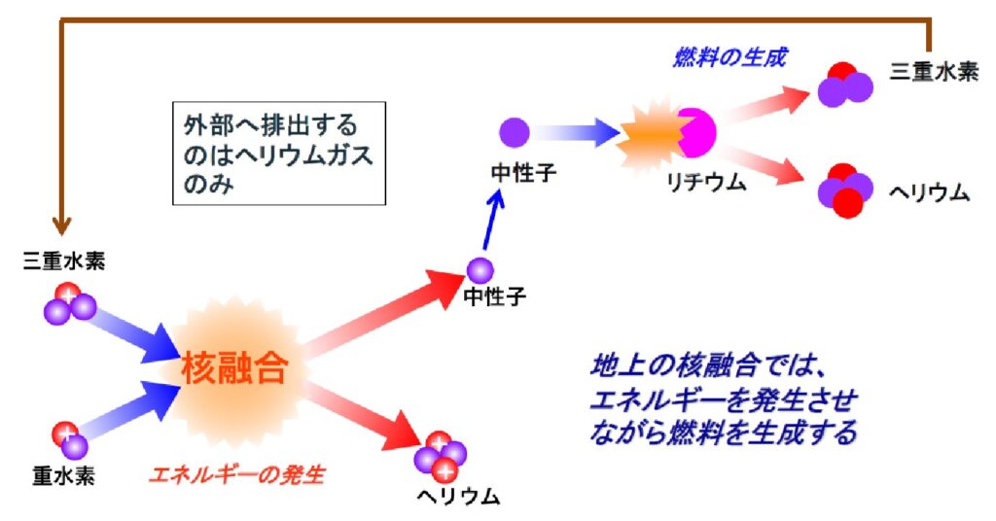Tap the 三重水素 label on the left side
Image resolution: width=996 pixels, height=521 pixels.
[x=64, y=260]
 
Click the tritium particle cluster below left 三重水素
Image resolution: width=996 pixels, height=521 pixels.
[x=68, y=303]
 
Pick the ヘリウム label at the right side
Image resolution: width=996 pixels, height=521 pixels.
[x=929, y=191]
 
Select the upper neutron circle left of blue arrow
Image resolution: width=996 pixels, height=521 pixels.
[x=514, y=131]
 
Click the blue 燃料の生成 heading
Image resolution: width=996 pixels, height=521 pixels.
[x=729, y=57]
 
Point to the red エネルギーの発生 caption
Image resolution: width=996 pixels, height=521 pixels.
[x=235, y=475]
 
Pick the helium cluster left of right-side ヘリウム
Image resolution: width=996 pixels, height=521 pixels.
[x=843, y=190]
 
